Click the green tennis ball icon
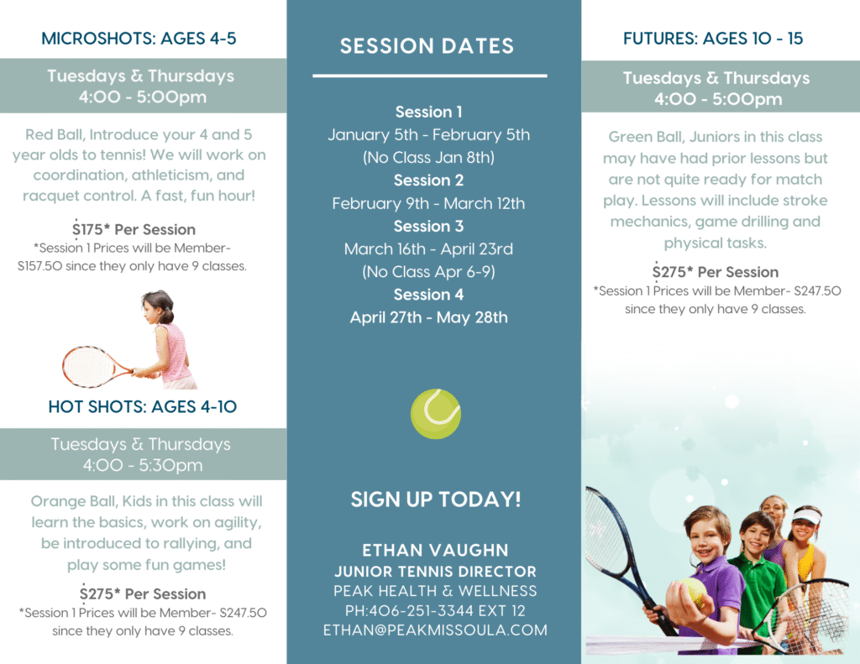point(436,414)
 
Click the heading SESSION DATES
point(427,46)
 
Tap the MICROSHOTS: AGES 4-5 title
point(139,39)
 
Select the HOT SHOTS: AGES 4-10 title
point(143,406)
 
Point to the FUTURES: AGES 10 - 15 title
point(712,39)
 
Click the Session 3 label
point(428,226)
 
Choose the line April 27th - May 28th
point(429,317)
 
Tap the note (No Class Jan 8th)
point(428,157)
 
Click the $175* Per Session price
point(134,229)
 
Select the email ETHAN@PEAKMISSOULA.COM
point(435,630)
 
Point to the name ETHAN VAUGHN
point(436,550)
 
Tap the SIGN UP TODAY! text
point(436,499)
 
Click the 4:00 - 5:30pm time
point(143,466)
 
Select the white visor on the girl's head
point(805,516)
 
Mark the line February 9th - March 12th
point(428,203)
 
